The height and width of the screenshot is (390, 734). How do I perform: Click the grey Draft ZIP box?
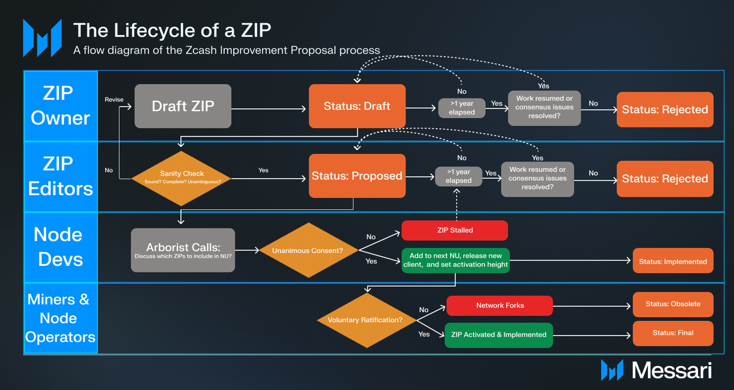coord(183,106)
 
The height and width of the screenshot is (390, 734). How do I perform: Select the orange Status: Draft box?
coord(357,106)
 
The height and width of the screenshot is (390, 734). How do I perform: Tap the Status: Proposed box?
coord(357,176)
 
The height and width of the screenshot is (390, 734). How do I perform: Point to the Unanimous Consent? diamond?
coord(308,251)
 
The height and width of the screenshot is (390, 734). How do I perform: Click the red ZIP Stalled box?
coord(454,230)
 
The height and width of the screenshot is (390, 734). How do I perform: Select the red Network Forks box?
coord(499,305)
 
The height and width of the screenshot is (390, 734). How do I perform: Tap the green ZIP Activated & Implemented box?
coord(498,335)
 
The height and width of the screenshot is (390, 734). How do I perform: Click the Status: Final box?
coord(673,333)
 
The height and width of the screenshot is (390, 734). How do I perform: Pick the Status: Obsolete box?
coord(673,304)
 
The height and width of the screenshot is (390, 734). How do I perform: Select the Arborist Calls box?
coord(183,250)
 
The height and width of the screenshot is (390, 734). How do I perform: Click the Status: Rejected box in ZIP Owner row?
coord(664,110)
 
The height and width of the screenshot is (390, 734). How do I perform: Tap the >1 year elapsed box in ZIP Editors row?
coord(458,176)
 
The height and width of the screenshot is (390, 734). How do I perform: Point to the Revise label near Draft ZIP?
coord(114,100)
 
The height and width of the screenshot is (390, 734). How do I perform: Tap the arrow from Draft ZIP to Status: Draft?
coord(269,109)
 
